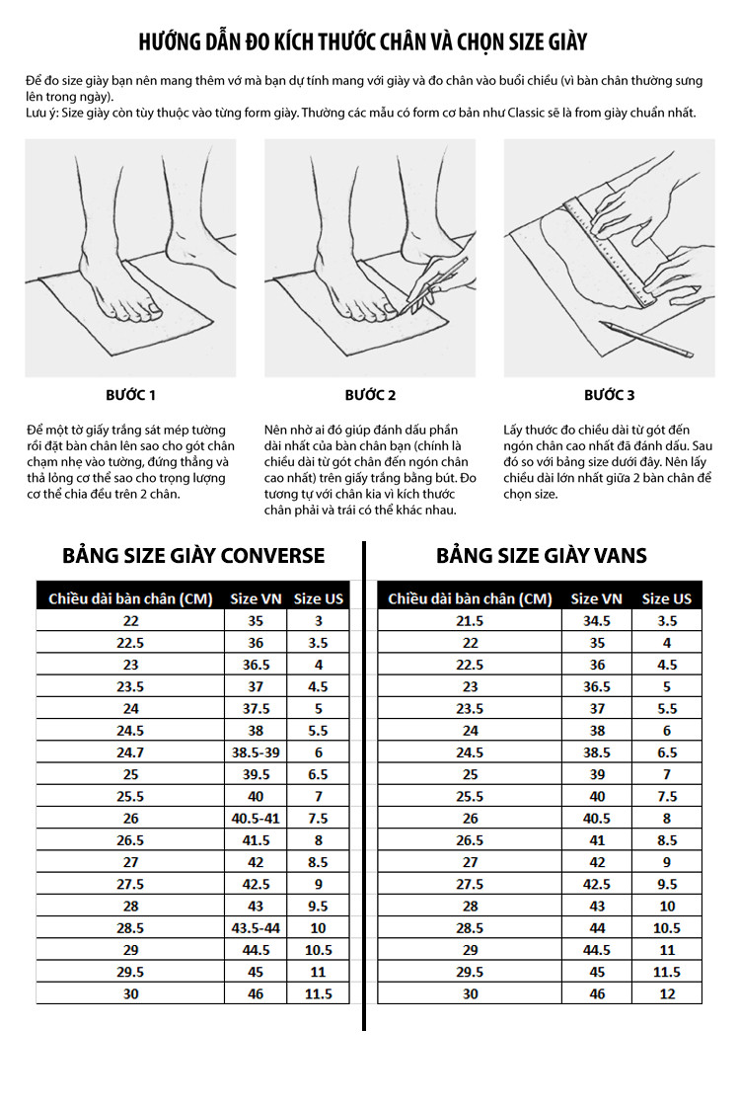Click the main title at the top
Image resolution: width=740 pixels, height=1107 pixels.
pyautogui.click(x=362, y=42)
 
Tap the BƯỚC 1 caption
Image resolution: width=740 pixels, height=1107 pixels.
pyautogui.click(x=130, y=395)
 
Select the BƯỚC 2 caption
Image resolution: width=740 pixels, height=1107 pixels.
pyautogui.click(x=370, y=395)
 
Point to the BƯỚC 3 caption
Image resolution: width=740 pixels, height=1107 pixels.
pyautogui.click(x=610, y=395)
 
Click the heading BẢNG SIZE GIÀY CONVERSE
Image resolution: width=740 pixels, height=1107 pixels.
pyautogui.click(x=193, y=556)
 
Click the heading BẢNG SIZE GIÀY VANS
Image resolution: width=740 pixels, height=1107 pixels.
pyautogui.click(x=541, y=556)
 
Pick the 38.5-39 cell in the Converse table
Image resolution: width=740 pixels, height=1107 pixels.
pyautogui.click(x=256, y=752)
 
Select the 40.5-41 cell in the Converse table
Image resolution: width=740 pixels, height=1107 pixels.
pyautogui.click(x=256, y=819)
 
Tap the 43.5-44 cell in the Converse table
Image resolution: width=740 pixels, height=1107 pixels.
pyautogui.click(x=256, y=927)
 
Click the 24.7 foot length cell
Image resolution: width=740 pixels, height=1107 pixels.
pyautogui.click(x=130, y=752)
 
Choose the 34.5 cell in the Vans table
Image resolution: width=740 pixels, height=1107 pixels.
pyautogui.click(x=597, y=620)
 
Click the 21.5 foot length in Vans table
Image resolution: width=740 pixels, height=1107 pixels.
pyautogui.click(x=470, y=620)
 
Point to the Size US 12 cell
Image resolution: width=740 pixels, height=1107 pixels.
pyautogui.click(x=667, y=993)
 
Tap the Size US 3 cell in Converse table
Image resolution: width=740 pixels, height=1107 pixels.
pyautogui.click(x=318, y=620)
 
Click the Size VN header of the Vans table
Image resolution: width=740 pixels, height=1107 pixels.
pyautogui.click(x=597, y=598)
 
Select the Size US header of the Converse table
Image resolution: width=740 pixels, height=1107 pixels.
pyautogui.click(x=318, y=598)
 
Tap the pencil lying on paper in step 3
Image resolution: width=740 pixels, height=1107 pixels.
pyautogui.click(x=645, y=340)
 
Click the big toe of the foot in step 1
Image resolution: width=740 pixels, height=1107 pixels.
pyautogui.click(x=150, y=306)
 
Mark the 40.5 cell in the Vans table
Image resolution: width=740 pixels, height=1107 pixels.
pyautogui.click(x=597, y=819)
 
